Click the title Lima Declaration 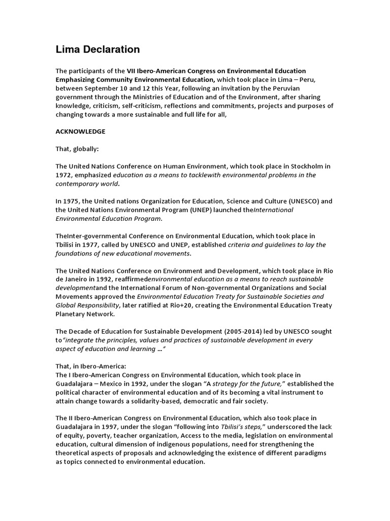[97, 49]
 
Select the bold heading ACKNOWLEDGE [80, 131]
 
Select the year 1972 [64, 175]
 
